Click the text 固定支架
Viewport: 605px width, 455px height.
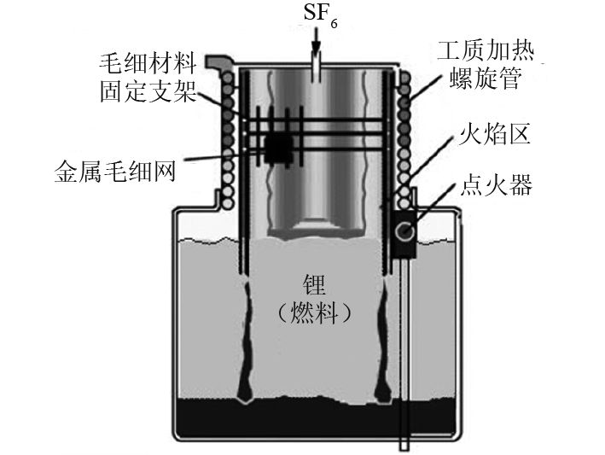(147, 90)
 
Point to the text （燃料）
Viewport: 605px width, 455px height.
(317, 313)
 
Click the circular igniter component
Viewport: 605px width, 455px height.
(404, 230)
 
